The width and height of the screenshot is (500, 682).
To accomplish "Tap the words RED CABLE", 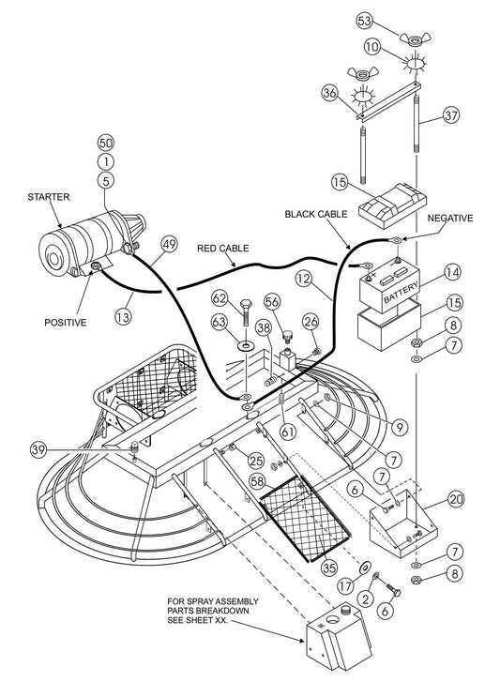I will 222,250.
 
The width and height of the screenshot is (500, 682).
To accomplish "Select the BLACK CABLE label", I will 315,215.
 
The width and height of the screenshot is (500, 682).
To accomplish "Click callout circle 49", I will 168,244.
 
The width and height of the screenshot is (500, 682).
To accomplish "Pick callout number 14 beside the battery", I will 452,273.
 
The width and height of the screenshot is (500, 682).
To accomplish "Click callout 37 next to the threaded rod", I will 452,116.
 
